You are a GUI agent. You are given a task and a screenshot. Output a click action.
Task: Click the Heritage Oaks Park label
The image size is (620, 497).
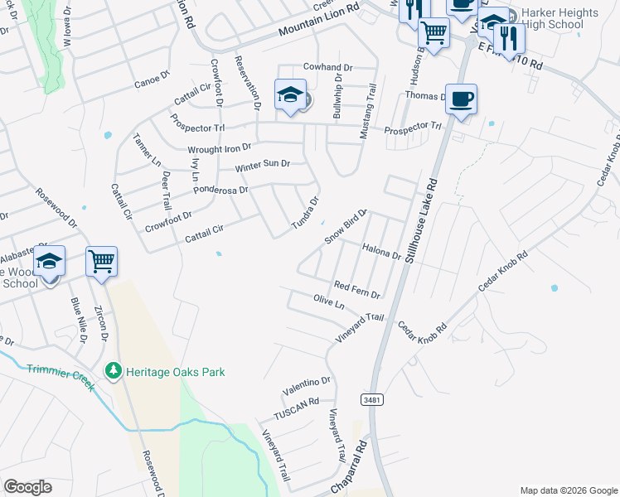click(175, 373)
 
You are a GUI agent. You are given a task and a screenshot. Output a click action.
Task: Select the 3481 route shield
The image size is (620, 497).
click(371, 400)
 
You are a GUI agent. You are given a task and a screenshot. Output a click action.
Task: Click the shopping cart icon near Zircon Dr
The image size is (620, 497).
click(101, 262)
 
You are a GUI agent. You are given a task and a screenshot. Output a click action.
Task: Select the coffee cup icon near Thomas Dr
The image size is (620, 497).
click(461, 99)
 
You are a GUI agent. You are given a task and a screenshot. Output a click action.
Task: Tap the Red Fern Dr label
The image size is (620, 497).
click(356, 289)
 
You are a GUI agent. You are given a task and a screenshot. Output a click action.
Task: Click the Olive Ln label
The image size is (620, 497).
click(328, 302)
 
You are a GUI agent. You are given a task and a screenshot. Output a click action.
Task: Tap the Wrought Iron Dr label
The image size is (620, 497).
click(219, 149)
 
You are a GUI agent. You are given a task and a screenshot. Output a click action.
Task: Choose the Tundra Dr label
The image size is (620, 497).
click(304, 214)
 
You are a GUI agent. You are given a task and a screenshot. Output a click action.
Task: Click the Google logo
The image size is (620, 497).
click(27, 487)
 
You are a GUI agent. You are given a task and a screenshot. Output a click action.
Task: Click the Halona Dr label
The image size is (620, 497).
click(382, 252)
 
